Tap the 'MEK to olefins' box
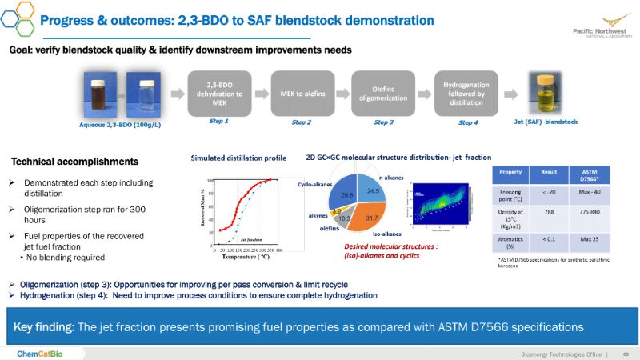301,93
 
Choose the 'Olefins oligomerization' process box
384,93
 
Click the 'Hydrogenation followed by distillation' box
466,92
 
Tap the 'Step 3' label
384,122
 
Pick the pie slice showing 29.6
347,194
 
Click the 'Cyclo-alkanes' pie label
315,183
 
